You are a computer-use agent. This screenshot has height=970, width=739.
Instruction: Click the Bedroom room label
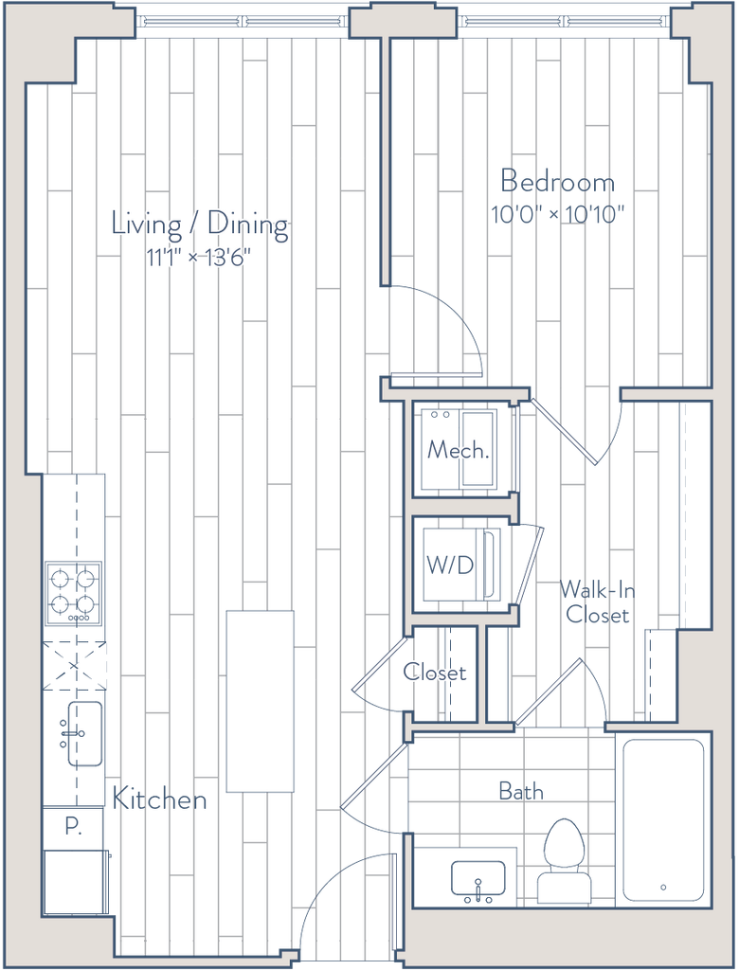point(558,181)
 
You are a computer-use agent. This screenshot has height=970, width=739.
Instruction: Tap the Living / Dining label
point(200,225)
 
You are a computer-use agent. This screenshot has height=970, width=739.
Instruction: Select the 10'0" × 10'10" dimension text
point(558,215)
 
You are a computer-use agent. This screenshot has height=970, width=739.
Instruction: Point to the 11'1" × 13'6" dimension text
point(198,257)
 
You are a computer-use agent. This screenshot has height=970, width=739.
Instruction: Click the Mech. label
point(458,450)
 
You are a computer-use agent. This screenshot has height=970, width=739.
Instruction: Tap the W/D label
point(450,565)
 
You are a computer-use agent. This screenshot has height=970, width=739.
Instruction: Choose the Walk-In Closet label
point(597,602)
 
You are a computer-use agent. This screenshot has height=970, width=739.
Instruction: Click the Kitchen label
point(159,799)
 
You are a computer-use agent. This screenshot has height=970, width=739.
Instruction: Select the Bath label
point(521,791)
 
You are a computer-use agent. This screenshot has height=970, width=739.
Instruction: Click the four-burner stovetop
point(74,593)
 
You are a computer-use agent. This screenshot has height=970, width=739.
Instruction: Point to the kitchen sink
point(84,734)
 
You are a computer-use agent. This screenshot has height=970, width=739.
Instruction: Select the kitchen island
point(260,701)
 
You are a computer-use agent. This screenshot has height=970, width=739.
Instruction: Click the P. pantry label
point(74,827)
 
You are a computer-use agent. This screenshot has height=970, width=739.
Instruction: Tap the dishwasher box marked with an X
point(74,666)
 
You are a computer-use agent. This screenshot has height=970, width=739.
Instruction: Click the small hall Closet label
point(435,672)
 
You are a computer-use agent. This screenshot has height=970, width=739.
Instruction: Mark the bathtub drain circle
point(663,887)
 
